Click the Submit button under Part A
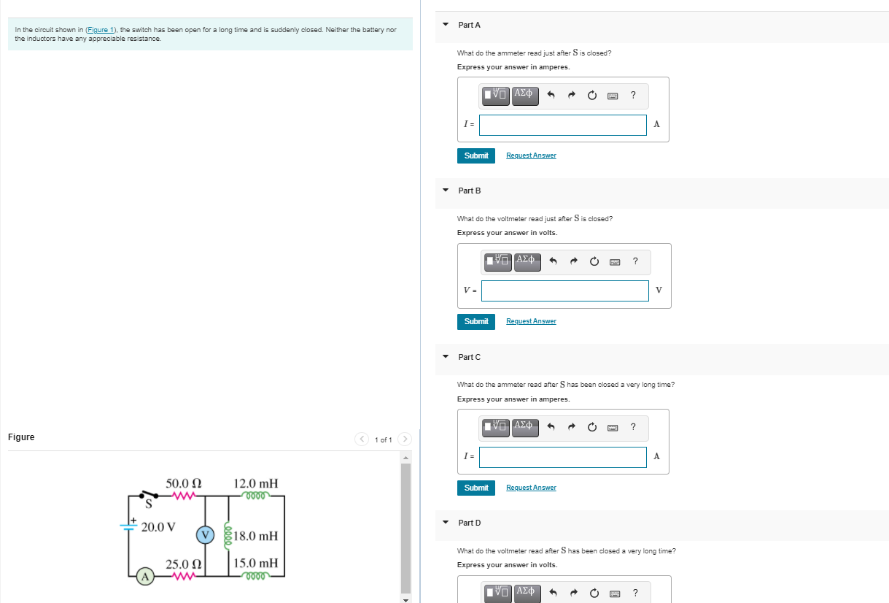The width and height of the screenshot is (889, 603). [x=475, y=155]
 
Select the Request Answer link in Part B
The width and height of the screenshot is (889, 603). [x=531, y=321]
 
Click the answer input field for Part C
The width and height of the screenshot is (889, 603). [x=562, y=457]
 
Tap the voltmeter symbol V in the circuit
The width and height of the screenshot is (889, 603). [x=206, y=534]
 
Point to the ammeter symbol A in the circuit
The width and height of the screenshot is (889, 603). [x=145, y=577]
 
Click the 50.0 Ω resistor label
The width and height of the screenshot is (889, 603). [x=184, y=483]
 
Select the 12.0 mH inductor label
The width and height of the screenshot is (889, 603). [x=255, y=483]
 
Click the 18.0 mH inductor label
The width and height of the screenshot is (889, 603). [x=256, y=536]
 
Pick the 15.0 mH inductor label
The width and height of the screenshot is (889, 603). [x=255, y=563]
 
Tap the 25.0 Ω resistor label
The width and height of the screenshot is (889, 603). [x=184, y=564]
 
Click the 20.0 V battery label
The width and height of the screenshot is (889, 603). [x=158, y=526]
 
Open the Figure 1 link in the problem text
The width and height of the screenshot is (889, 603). [x=101, y=30]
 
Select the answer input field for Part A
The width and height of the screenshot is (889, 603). [x=562, y=125]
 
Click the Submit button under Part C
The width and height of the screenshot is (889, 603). [x=475, y=488]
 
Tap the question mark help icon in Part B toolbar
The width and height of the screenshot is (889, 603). [x=636, y=260]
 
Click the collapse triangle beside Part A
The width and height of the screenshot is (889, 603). [x=446, y=25]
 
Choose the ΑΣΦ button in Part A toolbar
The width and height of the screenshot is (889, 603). [x=525, y=94]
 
